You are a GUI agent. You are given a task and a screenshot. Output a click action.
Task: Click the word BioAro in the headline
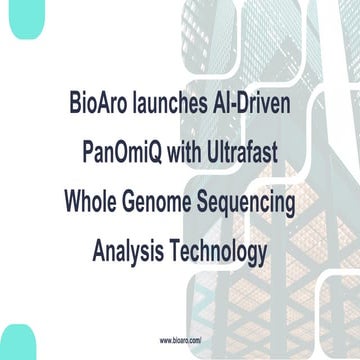point(97,103)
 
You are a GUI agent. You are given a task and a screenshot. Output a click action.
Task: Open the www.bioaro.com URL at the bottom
point(180,340)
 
